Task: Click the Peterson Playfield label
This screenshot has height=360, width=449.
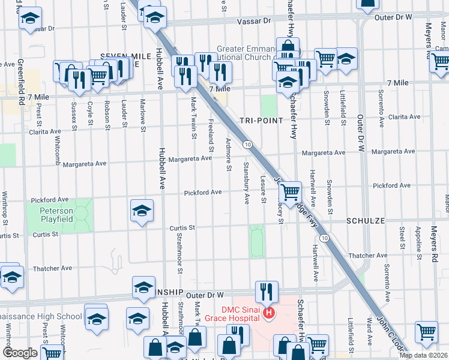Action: coord(56,215)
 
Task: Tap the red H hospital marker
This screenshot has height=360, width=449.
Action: coord(269,313)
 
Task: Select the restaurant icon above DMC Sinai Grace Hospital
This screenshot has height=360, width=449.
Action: coord(266,292)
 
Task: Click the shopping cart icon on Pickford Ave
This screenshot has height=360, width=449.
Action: coord(291,192)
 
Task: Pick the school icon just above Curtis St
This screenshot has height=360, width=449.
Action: coord(142,211)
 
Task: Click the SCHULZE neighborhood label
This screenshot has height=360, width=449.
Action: coord(365,221)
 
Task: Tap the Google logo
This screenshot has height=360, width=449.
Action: coord(20,353)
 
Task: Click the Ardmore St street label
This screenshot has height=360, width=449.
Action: coord(229,155)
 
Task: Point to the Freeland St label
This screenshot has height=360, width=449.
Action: coord(211,135)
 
